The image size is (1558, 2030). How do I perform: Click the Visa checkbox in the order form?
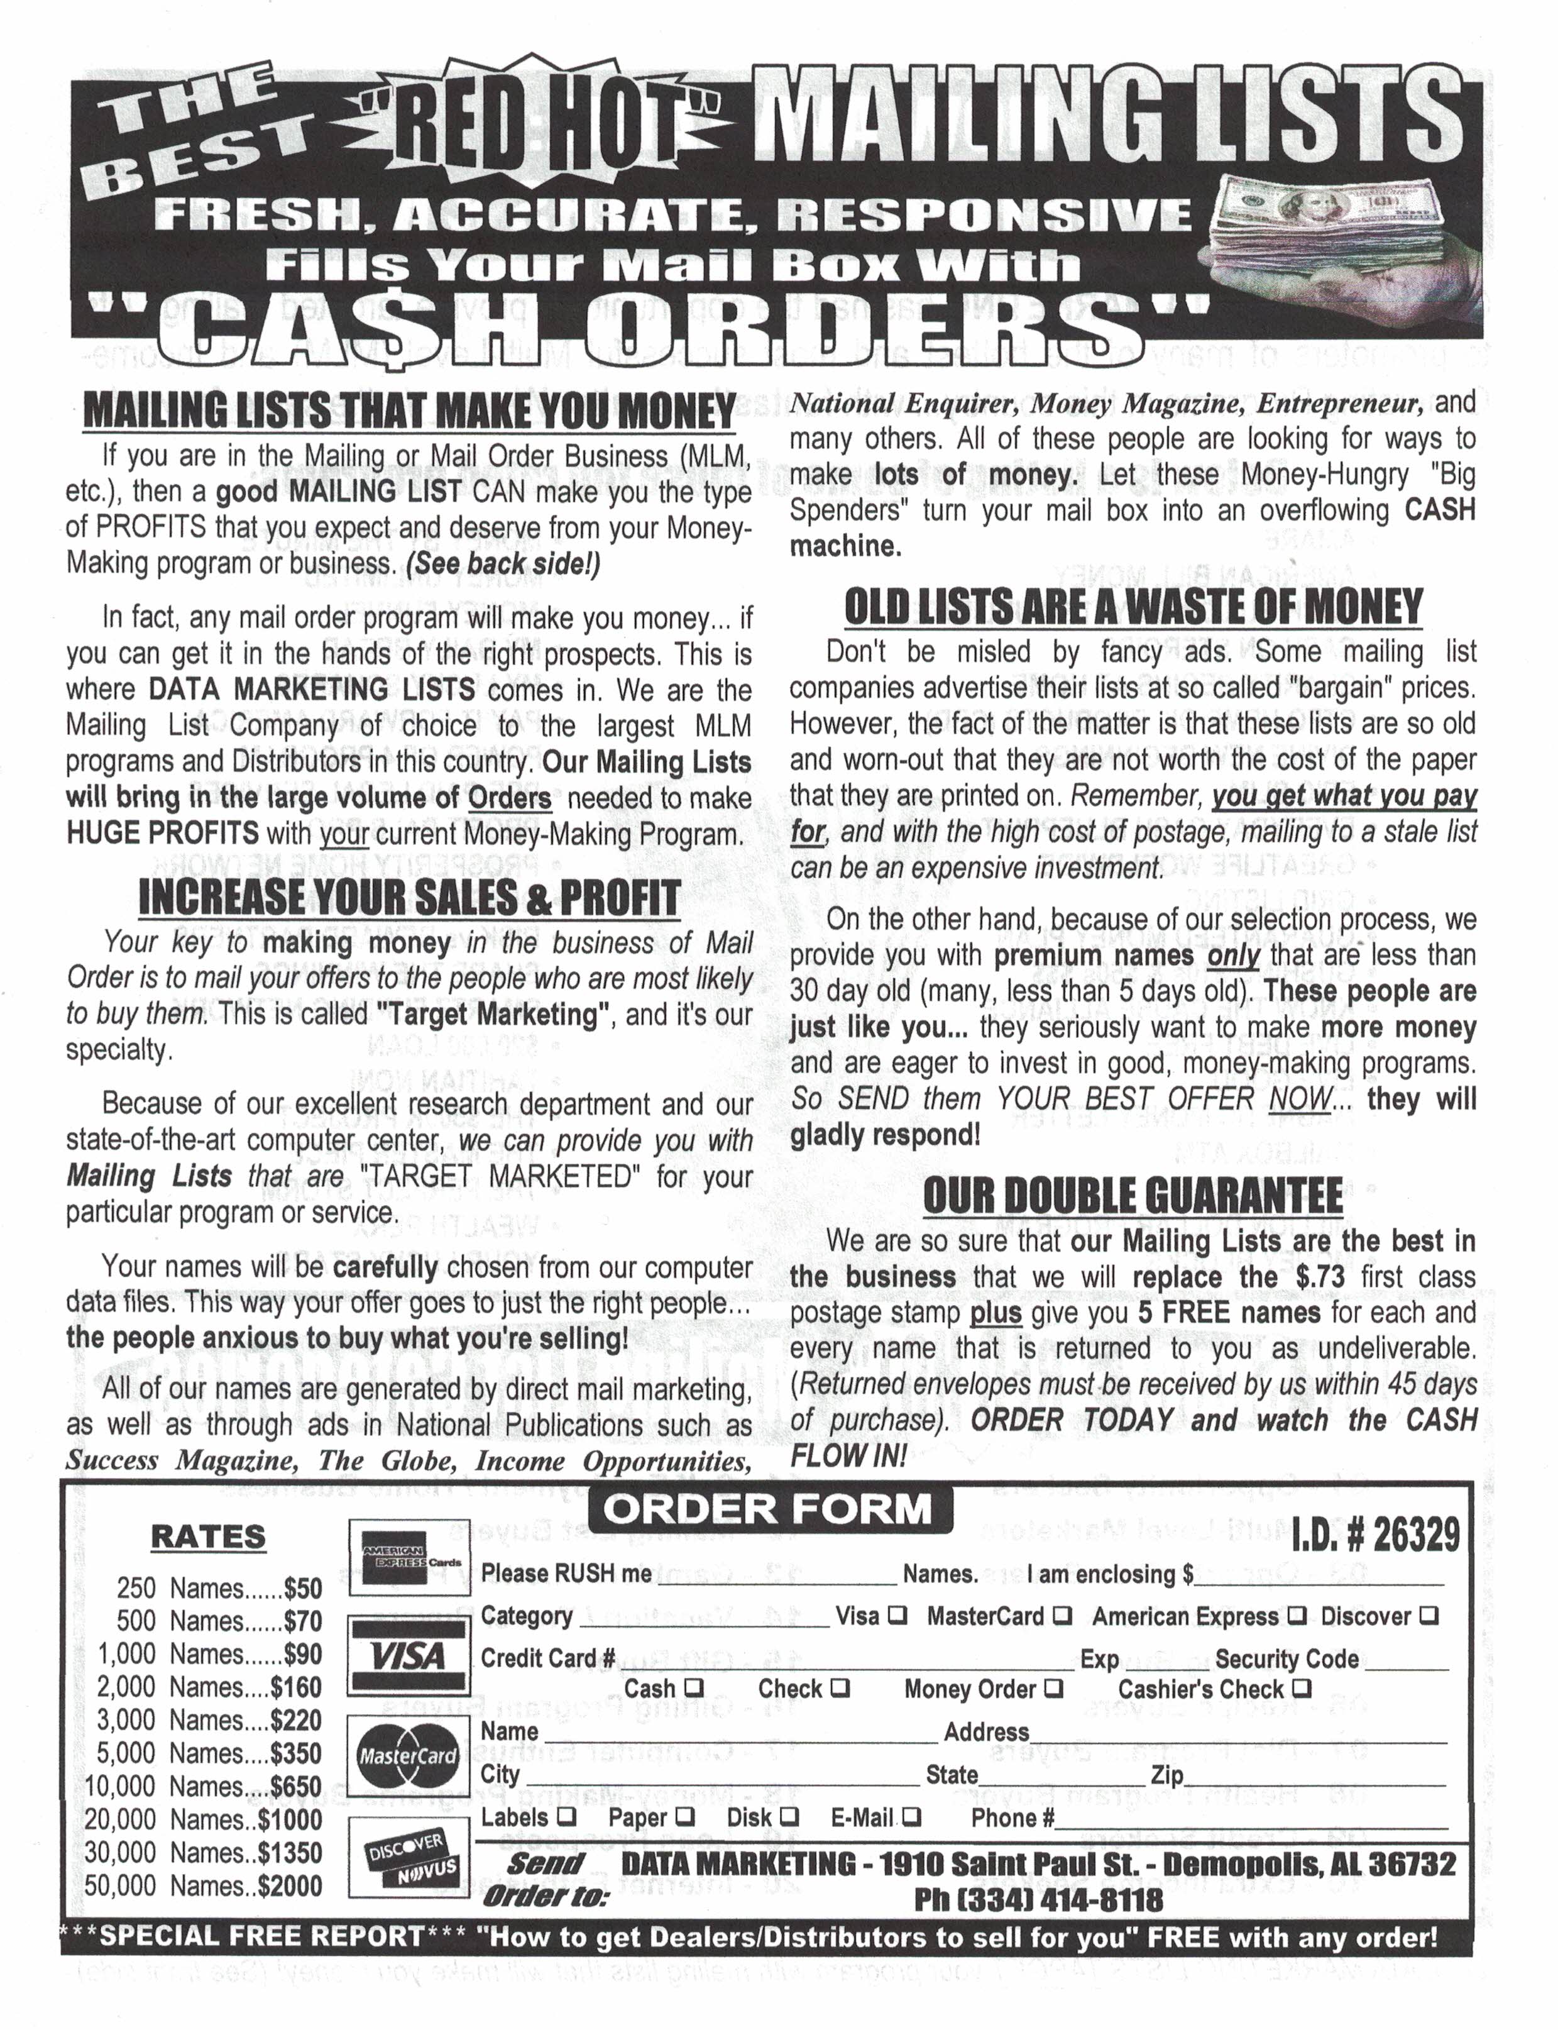pyautogui.click(x=897, y=1615)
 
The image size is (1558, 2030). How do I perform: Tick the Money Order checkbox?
pyautogui.click(x=1051, y=1689)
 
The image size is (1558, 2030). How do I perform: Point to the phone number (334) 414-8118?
pyautogui.click(x=1038, y=1899)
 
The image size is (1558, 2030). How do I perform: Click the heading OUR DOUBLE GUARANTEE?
pyautogui.click(x=1133, y=1195)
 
